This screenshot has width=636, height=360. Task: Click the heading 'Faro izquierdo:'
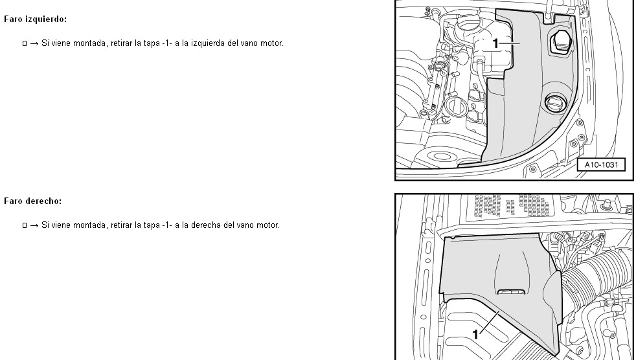(35, 19)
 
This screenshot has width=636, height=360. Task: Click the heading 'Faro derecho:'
(33, 201)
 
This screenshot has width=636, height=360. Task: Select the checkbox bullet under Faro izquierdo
(25, 43)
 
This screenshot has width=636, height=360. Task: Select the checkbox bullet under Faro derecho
(25, 225)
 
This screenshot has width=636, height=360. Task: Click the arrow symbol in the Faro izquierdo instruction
(34, 43)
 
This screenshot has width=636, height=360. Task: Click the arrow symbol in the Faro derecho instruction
(34, 225)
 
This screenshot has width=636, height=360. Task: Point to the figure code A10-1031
(601, 164)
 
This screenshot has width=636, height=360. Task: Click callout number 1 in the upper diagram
(495, 43)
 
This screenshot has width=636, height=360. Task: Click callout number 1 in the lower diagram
(475, 335)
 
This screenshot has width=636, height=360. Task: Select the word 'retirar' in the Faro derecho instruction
(121, 225)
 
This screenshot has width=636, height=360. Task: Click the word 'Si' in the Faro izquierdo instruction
(45, 43)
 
